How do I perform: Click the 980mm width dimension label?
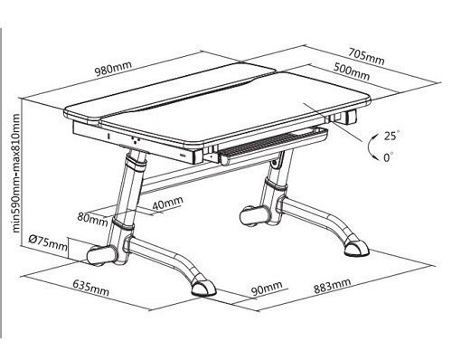[x=113, y=69]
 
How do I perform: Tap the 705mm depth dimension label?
[x=366, y=57]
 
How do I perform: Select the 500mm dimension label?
[x=352, y=72]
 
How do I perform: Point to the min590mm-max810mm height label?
[x=15, y=173]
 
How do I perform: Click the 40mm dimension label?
[x=167, y=203]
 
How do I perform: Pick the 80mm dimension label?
[x=92, y=219]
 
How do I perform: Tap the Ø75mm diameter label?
[x=48, y=243]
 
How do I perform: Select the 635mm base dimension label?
[x=90, y=288]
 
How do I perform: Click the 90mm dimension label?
[x=267, y=288]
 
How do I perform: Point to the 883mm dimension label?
[x=333, y=286]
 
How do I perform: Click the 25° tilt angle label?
[x=391, y=136]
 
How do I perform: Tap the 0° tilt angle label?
[x=389, y=157]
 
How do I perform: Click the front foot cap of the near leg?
[x=203, y=289]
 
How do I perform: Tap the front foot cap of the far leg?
[x=356, y=248]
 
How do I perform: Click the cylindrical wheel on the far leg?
[x=255, y=216]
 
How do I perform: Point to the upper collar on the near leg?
[x=136, y=161]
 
